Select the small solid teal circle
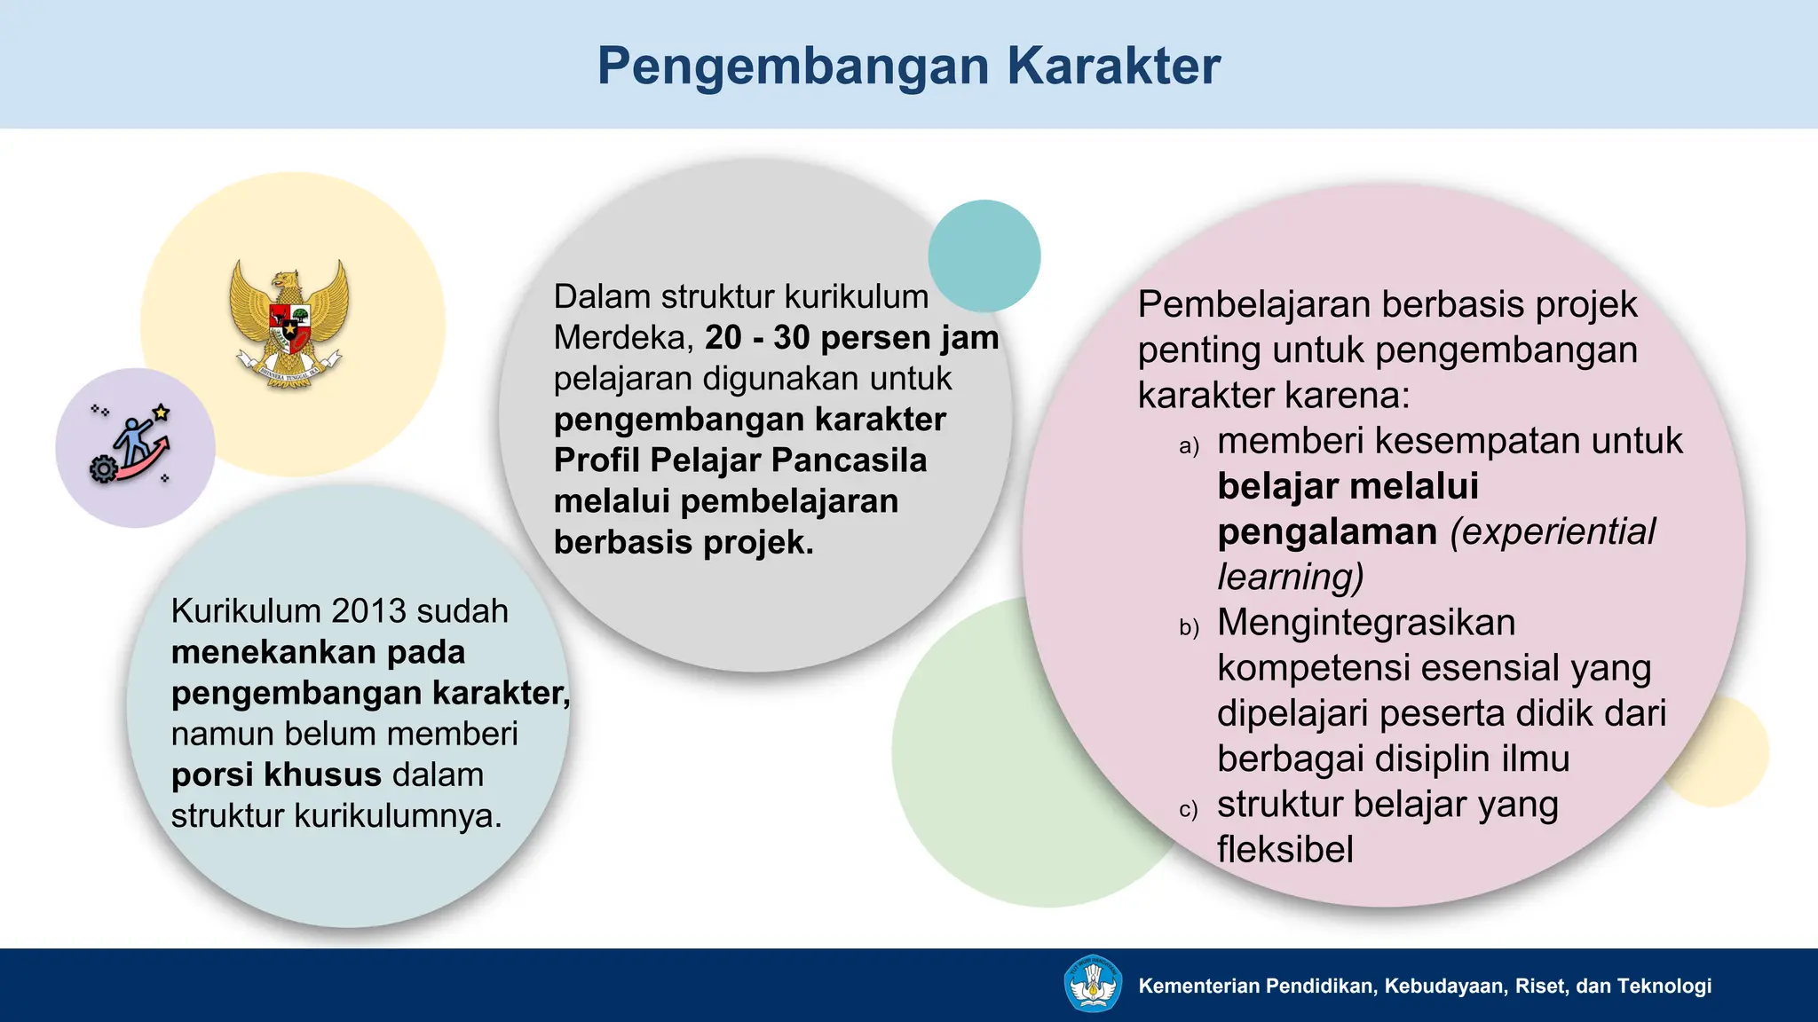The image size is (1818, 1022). pyautogui.click(x=984, y=255)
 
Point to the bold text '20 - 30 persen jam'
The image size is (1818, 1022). pyautogui.click(x=851, y=338)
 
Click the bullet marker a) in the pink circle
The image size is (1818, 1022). pyautogui.click(x=1189, y=445)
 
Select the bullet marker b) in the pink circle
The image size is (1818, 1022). pyautogui.click(x=1189, y=627)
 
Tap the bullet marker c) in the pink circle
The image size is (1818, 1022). pyautogui.click(x=1188, y=809)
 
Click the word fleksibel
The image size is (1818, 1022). pyautogui.click(x=1284, y=850)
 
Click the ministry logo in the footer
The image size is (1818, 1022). pyautogui.click(x=1092, y=984)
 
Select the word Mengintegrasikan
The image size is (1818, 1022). pyautogui.click(x=1366, y=623)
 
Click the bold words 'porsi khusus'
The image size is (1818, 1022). pyautogui.click(x=276, y=775)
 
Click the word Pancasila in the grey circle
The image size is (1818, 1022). pyautogui.click(x=850, y=460)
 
